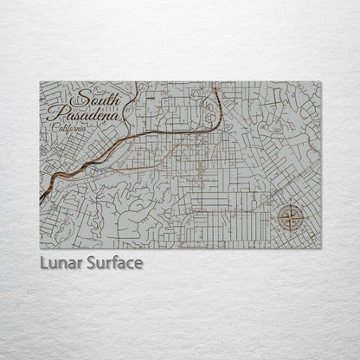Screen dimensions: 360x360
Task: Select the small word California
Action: [x=69, y=127]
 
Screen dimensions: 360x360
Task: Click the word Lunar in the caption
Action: [x=59, y=262]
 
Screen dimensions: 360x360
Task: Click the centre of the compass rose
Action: [x=292, y=220]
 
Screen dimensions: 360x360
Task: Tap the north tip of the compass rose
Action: [x=292, y=205]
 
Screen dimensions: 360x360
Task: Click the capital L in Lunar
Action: [x=43, y=262]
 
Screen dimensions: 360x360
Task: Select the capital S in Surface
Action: [x=89, y=262]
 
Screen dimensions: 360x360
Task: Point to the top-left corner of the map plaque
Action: [x=40, y=82]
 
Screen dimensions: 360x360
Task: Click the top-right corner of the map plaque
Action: [x=320, y=82]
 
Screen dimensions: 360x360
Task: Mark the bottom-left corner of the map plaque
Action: [x=40, y=248]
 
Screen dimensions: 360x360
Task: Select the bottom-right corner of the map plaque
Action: [x=320, y=248]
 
